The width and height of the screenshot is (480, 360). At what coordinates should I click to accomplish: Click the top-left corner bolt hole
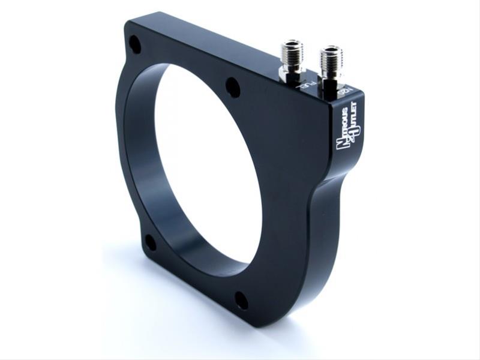tap(135, 44)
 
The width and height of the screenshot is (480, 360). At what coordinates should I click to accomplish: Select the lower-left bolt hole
tap(150, 242)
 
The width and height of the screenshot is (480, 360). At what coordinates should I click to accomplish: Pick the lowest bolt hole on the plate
tap(241, 300)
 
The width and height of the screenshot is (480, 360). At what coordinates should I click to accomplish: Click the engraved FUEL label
tap(305, 88)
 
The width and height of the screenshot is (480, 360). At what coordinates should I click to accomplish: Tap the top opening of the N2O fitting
tap(331, 50)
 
